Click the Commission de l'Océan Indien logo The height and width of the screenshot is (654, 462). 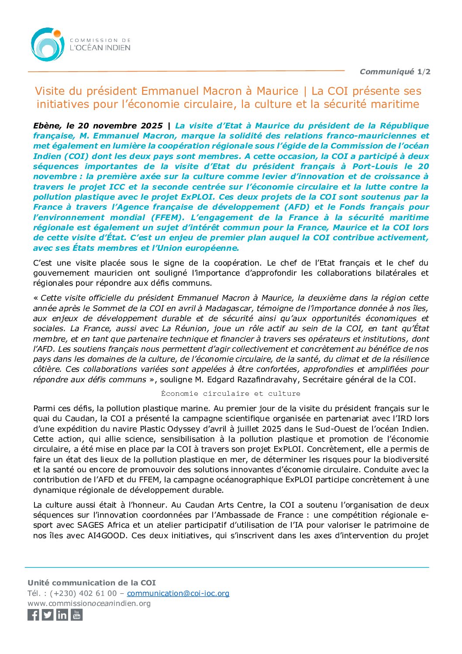[80, 45]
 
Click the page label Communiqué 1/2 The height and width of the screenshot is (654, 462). [395, 72]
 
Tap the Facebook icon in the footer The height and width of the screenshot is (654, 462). [33, 615]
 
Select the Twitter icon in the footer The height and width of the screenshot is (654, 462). [48, 615]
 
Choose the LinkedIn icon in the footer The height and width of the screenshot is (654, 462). [62, 615]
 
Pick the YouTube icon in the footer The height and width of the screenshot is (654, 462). [76, 615]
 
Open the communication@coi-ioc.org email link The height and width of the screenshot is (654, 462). [178, 593]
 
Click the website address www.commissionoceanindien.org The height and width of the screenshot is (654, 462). [89, 603]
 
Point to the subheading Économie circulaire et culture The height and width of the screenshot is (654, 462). [231, 394]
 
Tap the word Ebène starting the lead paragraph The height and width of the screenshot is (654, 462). [46, 126]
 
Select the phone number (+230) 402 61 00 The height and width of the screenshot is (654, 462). [83, 593]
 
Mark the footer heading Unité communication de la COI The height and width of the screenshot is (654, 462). [92, 583]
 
